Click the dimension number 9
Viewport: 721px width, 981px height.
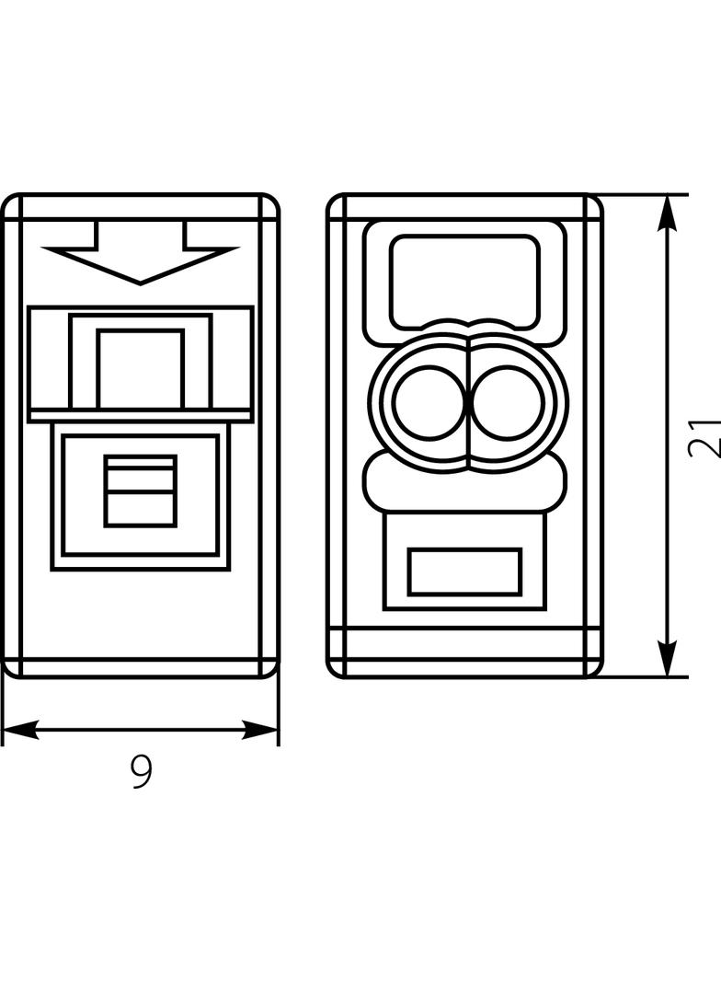(x=142, y=771)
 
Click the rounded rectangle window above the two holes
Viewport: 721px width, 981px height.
(x=464, y=282)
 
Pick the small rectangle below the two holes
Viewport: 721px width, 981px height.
(x=464, y=571)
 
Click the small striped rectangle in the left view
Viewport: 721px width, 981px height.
(x=141, y=490)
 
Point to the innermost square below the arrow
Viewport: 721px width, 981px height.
(x=141, y=368)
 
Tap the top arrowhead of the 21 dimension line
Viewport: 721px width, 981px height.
(x=669, y=214)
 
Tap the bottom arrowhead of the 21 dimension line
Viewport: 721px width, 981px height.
(x=669, y=658)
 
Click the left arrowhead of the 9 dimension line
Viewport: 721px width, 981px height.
(x=20, y=730)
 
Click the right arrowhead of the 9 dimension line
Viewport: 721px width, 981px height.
(x=259, y=730)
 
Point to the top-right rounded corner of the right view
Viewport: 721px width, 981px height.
(x=595, y=201)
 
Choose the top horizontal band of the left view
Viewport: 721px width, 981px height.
(x=140, y=206)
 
